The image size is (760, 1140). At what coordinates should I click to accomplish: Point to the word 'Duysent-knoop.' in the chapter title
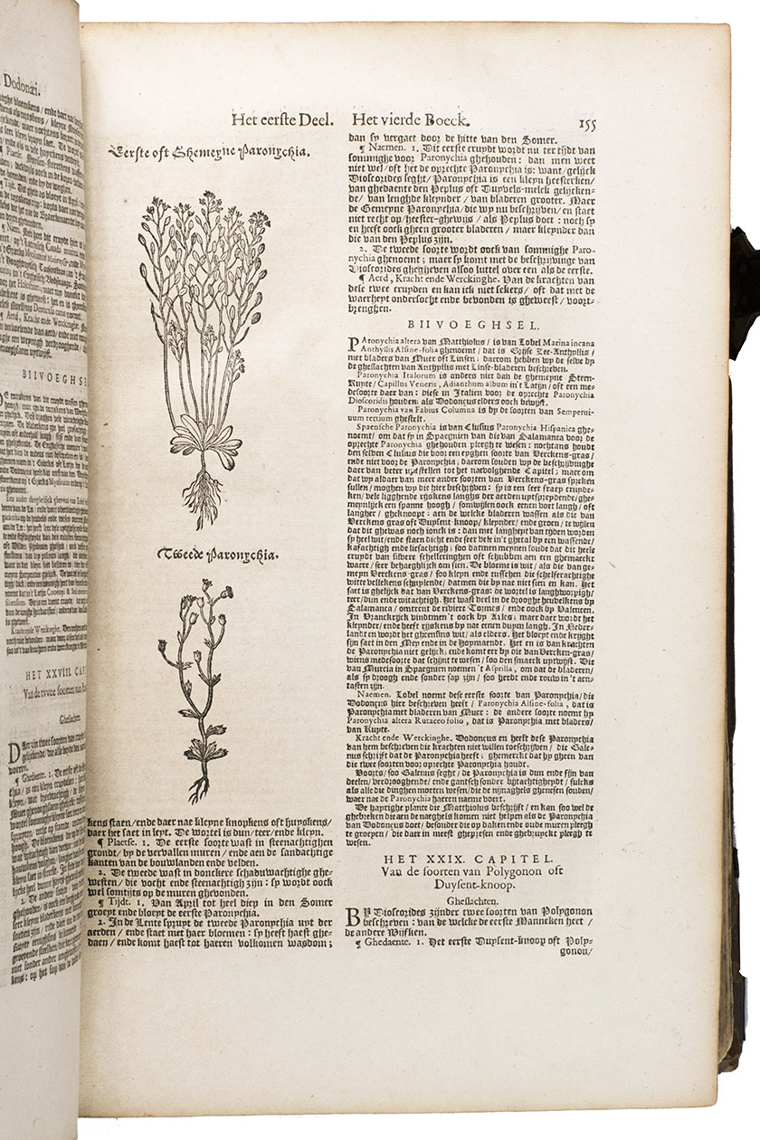(x=471, y=888)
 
